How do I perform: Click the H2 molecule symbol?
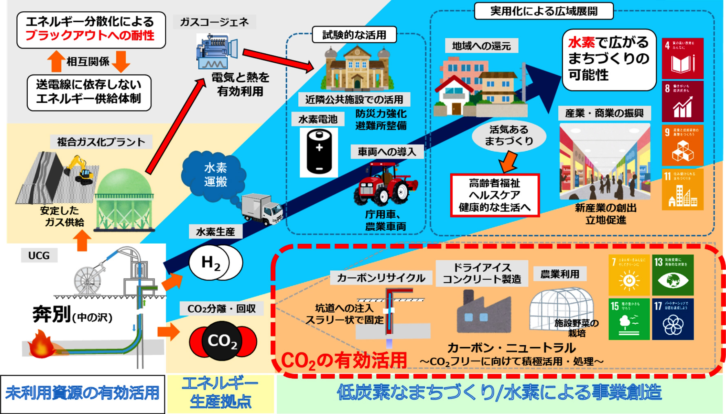coord(215,263)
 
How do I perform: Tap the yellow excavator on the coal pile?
coord(82,169)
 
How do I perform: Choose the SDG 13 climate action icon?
coord(673,275)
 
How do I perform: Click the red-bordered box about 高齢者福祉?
coord(495,195)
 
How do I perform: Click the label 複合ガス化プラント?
coord(101,142)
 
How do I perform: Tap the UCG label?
coord(39,255)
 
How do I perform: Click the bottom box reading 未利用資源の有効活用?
coord(82,393)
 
